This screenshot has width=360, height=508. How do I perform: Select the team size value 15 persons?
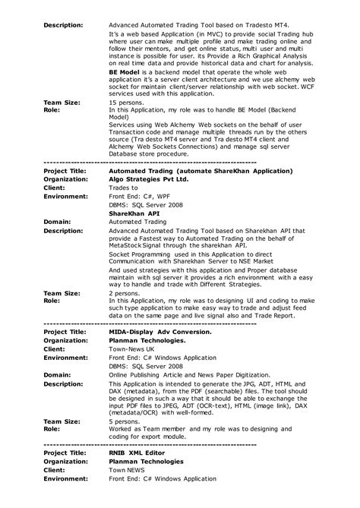tap(124, 102)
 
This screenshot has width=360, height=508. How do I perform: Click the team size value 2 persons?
tap(122, 292)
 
